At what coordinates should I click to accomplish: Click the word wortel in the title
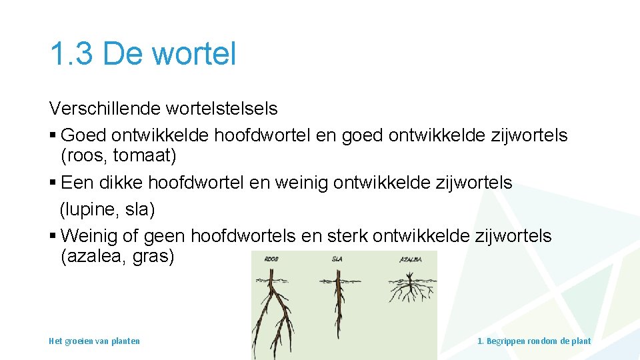pos(195,54)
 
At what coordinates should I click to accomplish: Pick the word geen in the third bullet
pos(165,235)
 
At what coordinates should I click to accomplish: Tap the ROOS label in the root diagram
pos(271,259)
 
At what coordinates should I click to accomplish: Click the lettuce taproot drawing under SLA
pos(339,300)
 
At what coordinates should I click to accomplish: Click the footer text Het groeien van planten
pos(94,341)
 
